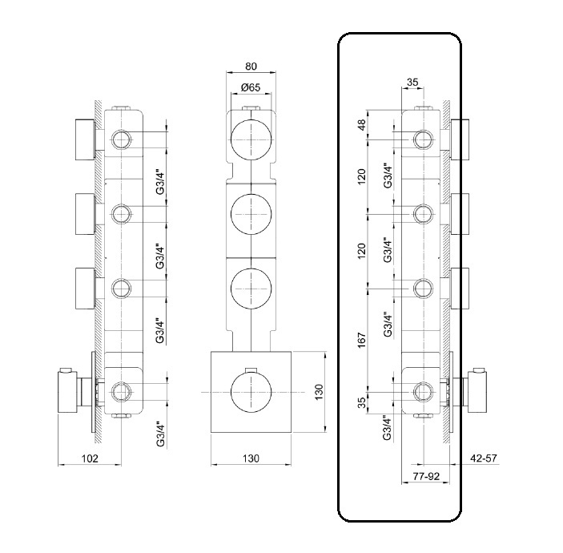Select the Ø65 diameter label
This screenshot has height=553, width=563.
[251, 87]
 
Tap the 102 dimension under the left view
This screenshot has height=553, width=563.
[90, 458]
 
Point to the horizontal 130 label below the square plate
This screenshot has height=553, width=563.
[251, 458]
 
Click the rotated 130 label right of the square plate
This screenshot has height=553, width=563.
[318, 393]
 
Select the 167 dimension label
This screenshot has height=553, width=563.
[361, 340]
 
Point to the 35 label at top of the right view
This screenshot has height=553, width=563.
[414, 81]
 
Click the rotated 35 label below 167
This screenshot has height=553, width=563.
[361, 402]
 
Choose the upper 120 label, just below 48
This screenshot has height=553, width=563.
[361, 176]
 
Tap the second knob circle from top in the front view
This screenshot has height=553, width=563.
[252, 214]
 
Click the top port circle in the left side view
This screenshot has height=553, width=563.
[122, 140]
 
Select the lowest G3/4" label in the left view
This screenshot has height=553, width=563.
[160, 434]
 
